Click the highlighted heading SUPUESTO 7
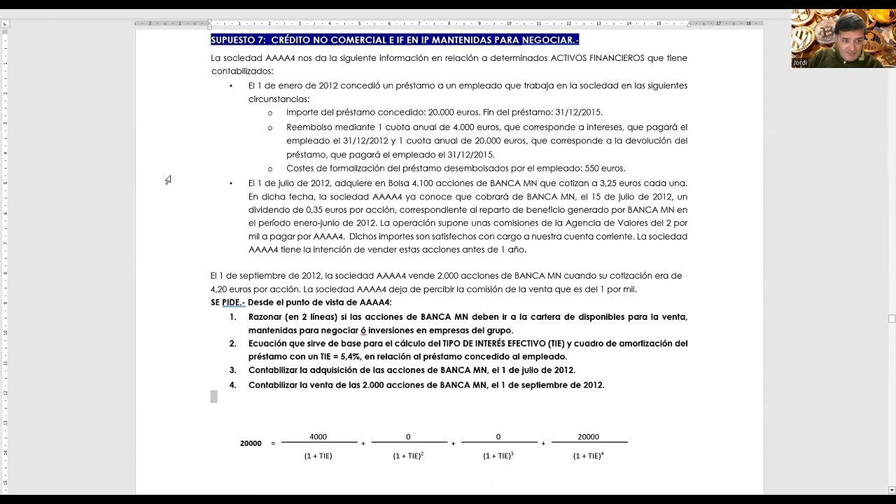coord(394,40)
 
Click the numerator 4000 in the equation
coord(318,437)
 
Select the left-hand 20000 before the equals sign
coord(251,443)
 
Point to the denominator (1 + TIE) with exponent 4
coord(588,456)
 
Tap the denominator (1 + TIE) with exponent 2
coord(408,456)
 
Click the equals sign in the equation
coord(273,443)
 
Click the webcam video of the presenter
coord(843,38)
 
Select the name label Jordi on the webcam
coord(799,63)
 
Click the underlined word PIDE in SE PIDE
coord(232,302)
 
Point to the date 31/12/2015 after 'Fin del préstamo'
coord(577,112)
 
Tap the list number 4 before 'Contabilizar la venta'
coord(232,385)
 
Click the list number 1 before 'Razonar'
coord(232,317)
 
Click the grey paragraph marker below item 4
coord(214,397)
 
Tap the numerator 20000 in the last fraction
coord(588,437)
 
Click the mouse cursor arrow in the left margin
coord(168,181)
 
